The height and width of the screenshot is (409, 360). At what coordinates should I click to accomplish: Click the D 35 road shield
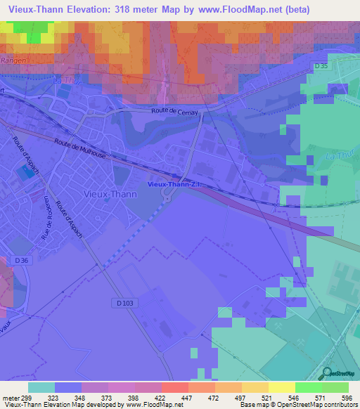click(321, 66)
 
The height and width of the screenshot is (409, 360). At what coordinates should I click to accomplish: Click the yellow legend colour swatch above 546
click(281, 387)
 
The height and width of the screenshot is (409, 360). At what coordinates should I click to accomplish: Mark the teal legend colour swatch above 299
click(41, 387)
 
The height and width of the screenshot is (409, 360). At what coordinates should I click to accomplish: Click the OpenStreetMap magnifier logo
click(326, 372)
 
